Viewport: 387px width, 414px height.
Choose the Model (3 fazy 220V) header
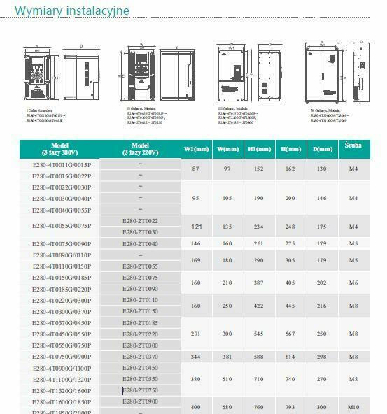[140, 149]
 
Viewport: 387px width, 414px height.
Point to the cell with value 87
[196, 169]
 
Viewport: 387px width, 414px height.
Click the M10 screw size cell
[353, 406]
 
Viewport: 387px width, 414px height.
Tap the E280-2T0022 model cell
[140, 221]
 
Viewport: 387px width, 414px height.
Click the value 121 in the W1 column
[196, 227]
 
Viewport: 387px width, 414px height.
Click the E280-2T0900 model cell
[140, 401]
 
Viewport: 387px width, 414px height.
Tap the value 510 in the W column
[227, 379]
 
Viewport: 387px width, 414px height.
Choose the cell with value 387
[258, 283]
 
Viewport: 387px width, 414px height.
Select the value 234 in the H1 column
[258, 227]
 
